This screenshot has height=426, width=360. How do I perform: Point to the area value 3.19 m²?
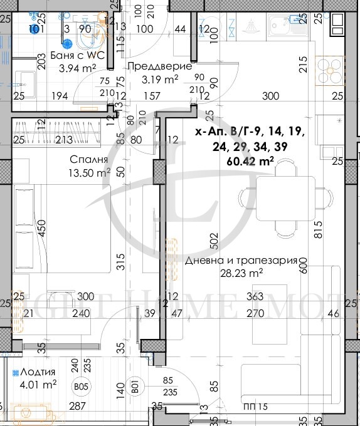coord(161,79)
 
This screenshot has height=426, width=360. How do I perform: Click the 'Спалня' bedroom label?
coord(86,159)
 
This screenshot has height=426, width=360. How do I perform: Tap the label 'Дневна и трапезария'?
coord(240,261)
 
